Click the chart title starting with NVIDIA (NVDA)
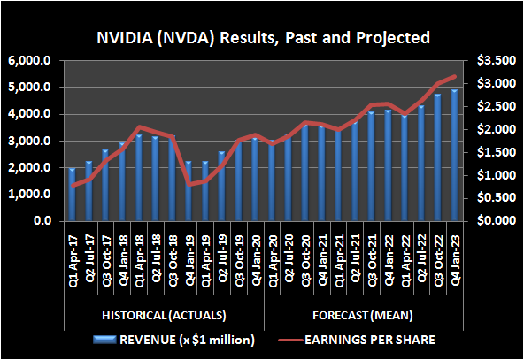point(263,39)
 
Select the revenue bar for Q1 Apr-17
point(73,195)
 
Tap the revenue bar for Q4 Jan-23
point(455,156)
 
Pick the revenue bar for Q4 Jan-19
point(188,191)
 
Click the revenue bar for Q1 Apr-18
point(138,178)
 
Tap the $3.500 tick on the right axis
point(490,61)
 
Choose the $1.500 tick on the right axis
point(490,152)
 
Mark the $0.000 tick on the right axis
point(490,220)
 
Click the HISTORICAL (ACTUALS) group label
point(155,315)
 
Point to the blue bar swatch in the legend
point(112,339)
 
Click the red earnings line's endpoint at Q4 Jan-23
point(455,77)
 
